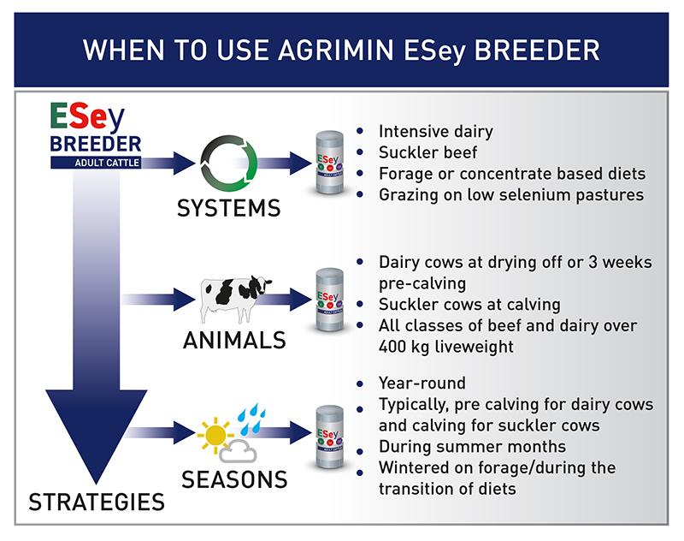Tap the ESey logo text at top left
[82, 117]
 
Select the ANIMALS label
[233, 340]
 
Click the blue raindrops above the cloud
[251, 416]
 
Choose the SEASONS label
[233, 479]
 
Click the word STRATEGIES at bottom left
[97, 502]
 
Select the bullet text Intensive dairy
[436, 132]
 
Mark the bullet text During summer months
[472, 447]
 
